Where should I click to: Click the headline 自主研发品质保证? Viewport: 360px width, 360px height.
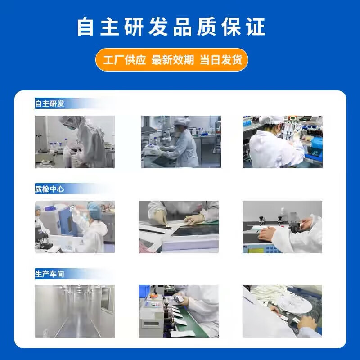pos(171,27)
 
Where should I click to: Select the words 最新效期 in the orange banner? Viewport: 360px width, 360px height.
pos(173,60)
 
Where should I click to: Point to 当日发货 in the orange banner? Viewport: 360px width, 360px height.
pos(221,60)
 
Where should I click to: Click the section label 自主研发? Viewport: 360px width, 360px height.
pos(50,104)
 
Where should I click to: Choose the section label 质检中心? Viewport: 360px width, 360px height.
pos(50,189)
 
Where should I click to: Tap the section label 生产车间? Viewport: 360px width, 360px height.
pos(50,274)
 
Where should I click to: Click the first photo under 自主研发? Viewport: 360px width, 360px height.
pos(75,142)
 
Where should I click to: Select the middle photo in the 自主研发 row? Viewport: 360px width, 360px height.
pos(181,142)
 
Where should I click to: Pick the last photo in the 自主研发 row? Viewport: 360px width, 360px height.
pos(283,142)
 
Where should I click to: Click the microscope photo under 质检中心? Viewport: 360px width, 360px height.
pos(75,227)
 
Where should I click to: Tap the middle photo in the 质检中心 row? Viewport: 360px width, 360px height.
pos(179,227)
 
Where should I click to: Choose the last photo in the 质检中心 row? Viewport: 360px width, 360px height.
pos(282,227)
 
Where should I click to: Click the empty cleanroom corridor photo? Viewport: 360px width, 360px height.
pos(75,311)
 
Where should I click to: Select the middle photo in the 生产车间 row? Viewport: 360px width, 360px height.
pos(179,311)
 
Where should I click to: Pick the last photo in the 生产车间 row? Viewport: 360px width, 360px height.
pos(282,311)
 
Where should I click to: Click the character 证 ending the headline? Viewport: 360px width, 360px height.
pos(256,27)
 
